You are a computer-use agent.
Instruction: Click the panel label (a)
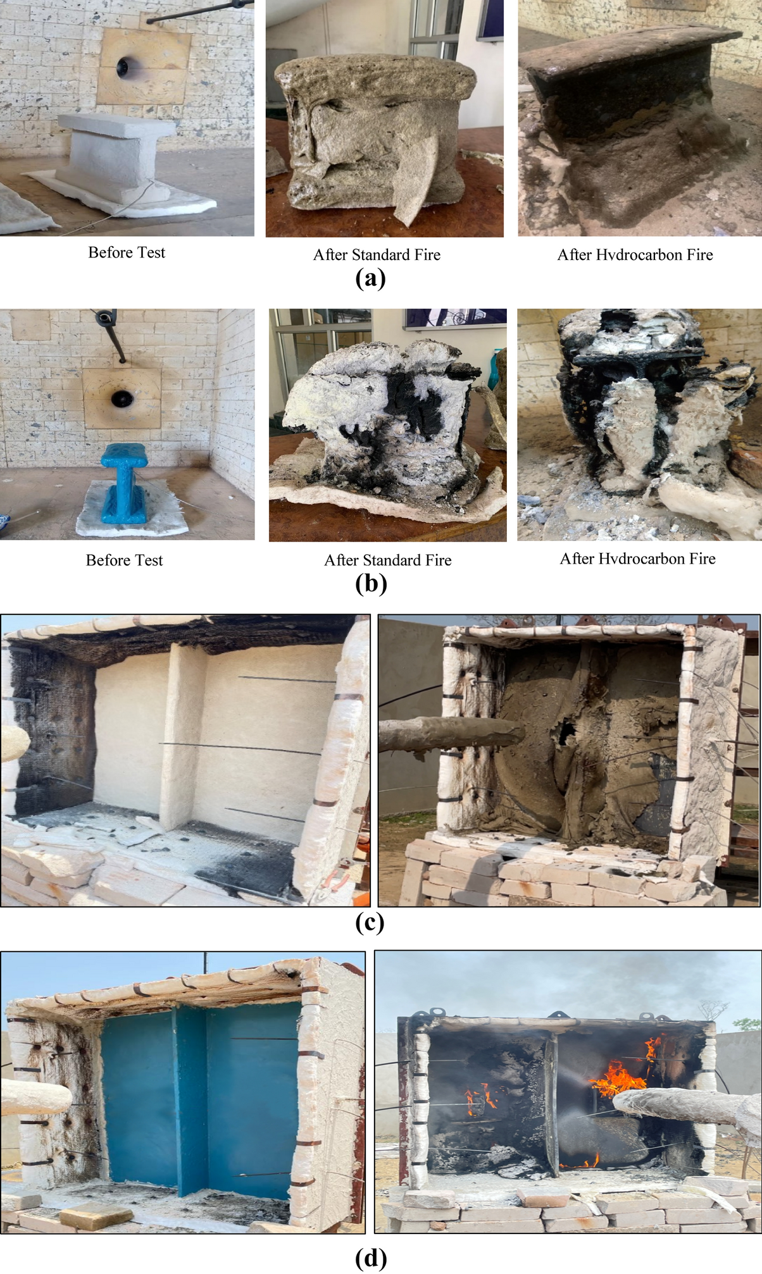(370, 278)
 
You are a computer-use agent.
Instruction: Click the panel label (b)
(371, 583)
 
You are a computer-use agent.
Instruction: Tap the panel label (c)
(370, 922)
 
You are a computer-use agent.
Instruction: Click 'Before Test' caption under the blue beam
(125, 560)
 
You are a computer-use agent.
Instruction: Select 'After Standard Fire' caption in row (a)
(377, 254)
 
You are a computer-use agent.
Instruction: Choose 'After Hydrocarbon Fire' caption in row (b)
(637, 559)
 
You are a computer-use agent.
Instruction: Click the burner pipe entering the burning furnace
(684, 1107)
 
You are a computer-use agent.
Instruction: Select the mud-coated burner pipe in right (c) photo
(451, 733)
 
